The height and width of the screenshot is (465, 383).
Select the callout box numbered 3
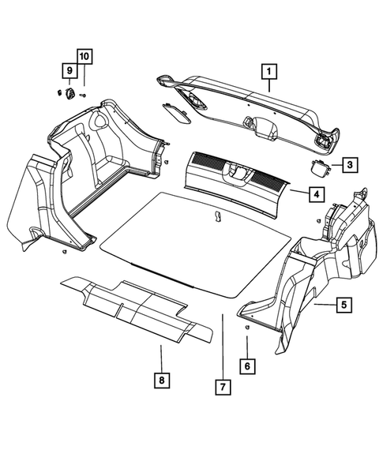[348, 166]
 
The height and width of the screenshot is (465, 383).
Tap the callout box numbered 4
[314, 193]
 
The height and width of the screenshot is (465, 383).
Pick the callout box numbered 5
[343, 303]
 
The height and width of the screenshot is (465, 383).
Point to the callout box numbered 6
[247, 366]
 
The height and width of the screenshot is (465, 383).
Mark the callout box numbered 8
[160, 381]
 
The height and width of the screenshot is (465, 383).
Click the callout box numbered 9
[69, 72]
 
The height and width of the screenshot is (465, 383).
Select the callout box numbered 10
[84, 56]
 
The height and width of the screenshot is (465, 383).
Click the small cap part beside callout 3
[320, 167]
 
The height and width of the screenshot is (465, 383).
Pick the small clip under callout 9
[69, 92]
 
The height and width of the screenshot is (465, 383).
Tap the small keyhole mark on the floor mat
[216, 215]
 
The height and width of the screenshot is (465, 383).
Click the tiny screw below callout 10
[83, 95]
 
